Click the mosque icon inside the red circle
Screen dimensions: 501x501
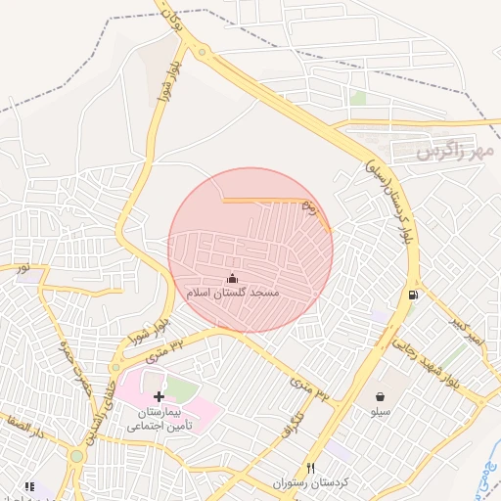pos(232,277)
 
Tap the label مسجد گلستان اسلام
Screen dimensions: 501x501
pos(233,293)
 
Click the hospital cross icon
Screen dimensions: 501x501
pos(159,396)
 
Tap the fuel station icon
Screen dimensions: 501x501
pos(414,295)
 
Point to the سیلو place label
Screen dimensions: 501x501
pos(379,413)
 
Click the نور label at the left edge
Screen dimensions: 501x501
pos(22,267)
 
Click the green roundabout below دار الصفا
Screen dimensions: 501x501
pos(76,456)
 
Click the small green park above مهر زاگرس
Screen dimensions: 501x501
pos(357,98)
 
